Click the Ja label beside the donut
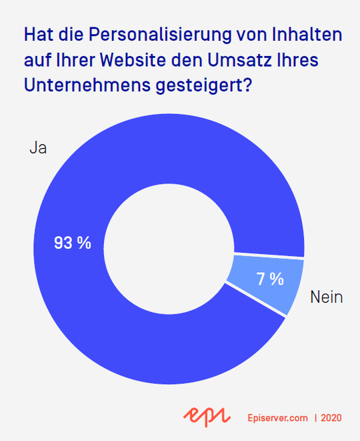(37, 148)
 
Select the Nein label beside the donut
(326, 298)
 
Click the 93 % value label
(72, 244)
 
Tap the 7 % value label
(270, 280)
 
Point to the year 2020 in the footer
(331, 418)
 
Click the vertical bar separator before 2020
(316, 418)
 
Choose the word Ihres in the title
(299, 61)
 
